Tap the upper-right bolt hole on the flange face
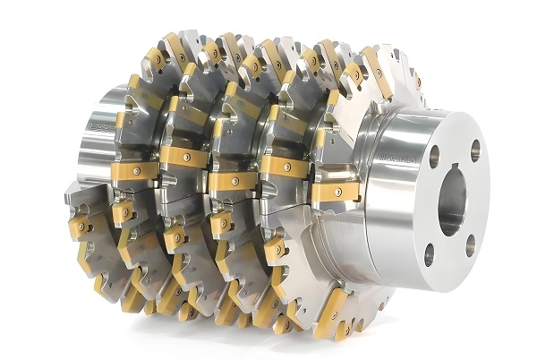475,149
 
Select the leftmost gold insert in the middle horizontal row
135,169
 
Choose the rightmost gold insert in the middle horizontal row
336,191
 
